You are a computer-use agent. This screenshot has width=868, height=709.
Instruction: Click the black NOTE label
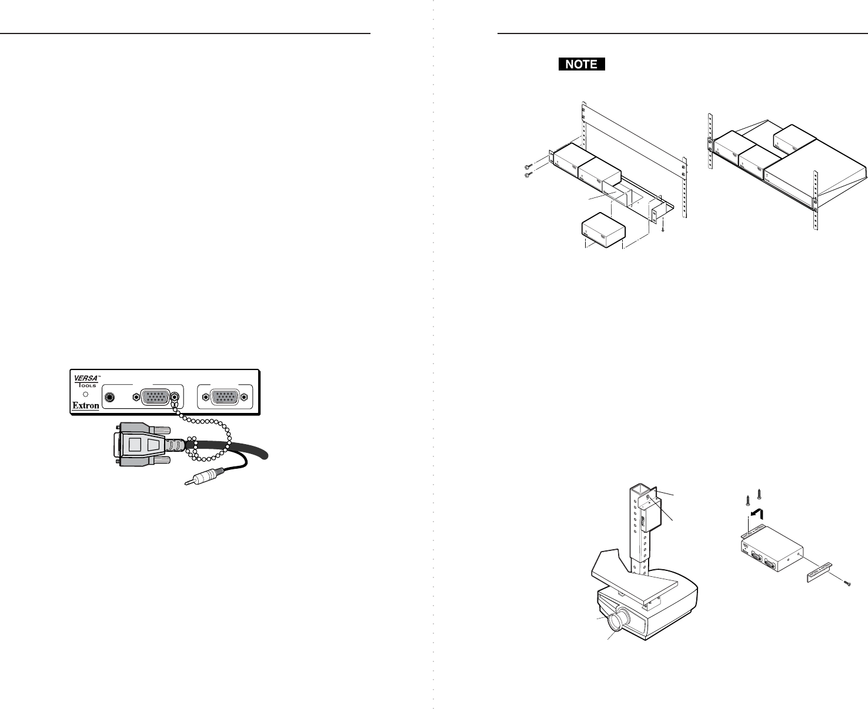[x=582, y=65]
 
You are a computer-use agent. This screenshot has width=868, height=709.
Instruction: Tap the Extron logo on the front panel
[x=85, y=405]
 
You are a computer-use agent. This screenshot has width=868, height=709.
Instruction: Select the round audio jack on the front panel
[x=110, y=397]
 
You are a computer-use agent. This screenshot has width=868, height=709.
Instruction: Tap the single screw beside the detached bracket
[x=847, y=583]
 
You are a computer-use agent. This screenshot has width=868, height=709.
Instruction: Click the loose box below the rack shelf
[x=603, y=232]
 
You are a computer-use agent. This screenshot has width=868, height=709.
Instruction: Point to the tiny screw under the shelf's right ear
[x=663, y=230]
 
